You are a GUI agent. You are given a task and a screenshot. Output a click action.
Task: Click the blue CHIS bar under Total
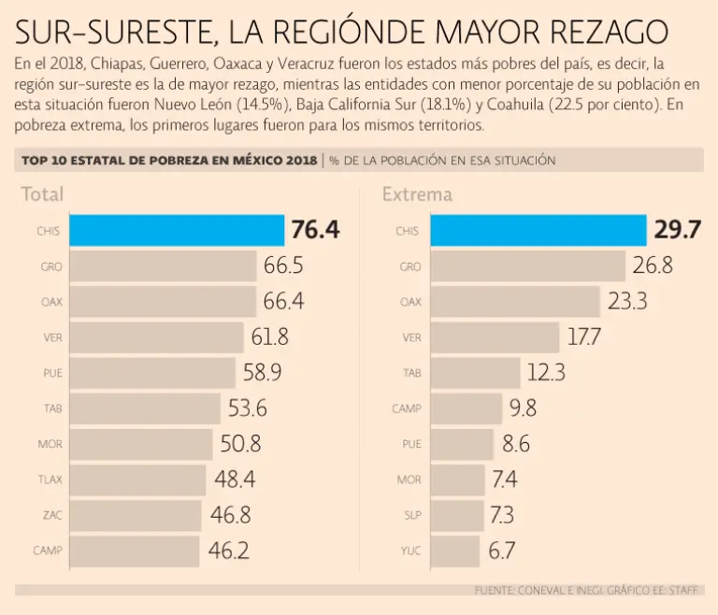coord(177,231)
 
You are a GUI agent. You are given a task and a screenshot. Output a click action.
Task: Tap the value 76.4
coord(314,231)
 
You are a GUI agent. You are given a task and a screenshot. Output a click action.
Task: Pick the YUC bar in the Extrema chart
coord(458,551)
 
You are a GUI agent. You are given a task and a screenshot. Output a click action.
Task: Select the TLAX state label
coord(50,479)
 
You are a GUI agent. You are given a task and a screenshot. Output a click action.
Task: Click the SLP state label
coord(411,515)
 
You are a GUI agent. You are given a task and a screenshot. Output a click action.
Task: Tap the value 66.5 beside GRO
coord(283,266)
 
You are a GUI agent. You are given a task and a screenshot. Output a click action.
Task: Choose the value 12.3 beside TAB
coord(546,373)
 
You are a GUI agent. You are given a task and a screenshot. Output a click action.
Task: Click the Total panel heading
coord(42,194)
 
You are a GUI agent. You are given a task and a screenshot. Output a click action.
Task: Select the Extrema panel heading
coord(417,194)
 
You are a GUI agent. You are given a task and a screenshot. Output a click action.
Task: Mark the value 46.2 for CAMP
coord(228,551)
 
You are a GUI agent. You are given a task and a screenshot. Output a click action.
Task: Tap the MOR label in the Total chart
coord(50,444)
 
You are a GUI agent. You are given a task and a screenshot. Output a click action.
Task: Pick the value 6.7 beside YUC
coord(501,551)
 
